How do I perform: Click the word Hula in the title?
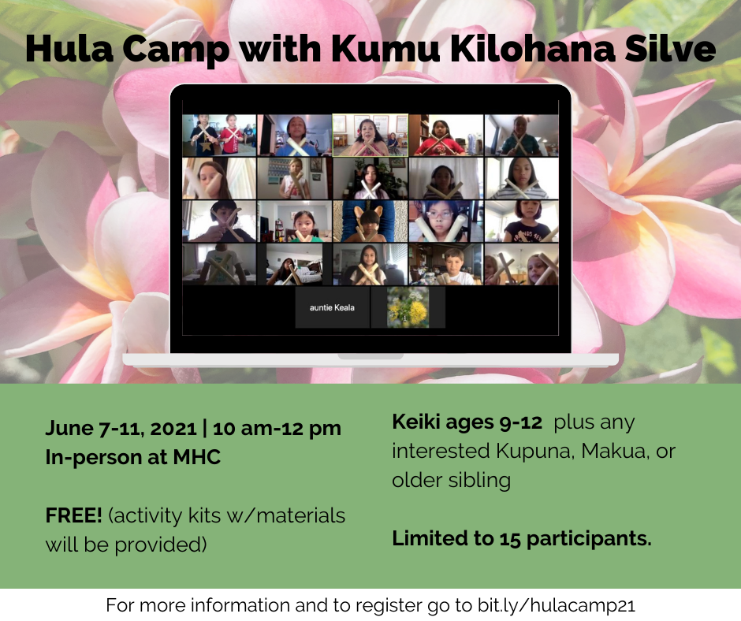click(69, 48)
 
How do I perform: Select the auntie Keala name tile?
click(332, 307)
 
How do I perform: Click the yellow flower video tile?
click(408, 307)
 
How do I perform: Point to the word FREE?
click(74, 515)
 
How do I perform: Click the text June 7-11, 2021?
click(121, 428)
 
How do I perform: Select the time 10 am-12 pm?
click(277, 428)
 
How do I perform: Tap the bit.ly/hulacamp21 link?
click(556, 605)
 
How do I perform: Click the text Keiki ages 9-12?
click(467, 422)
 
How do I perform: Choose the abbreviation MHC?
click(196, 457)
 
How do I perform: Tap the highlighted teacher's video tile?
click(370, 136)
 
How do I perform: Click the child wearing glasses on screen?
click(445, 221)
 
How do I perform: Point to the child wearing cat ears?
click(370, 221)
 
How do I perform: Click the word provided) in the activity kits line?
click(161, 545)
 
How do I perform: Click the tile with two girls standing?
click(219, 136)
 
